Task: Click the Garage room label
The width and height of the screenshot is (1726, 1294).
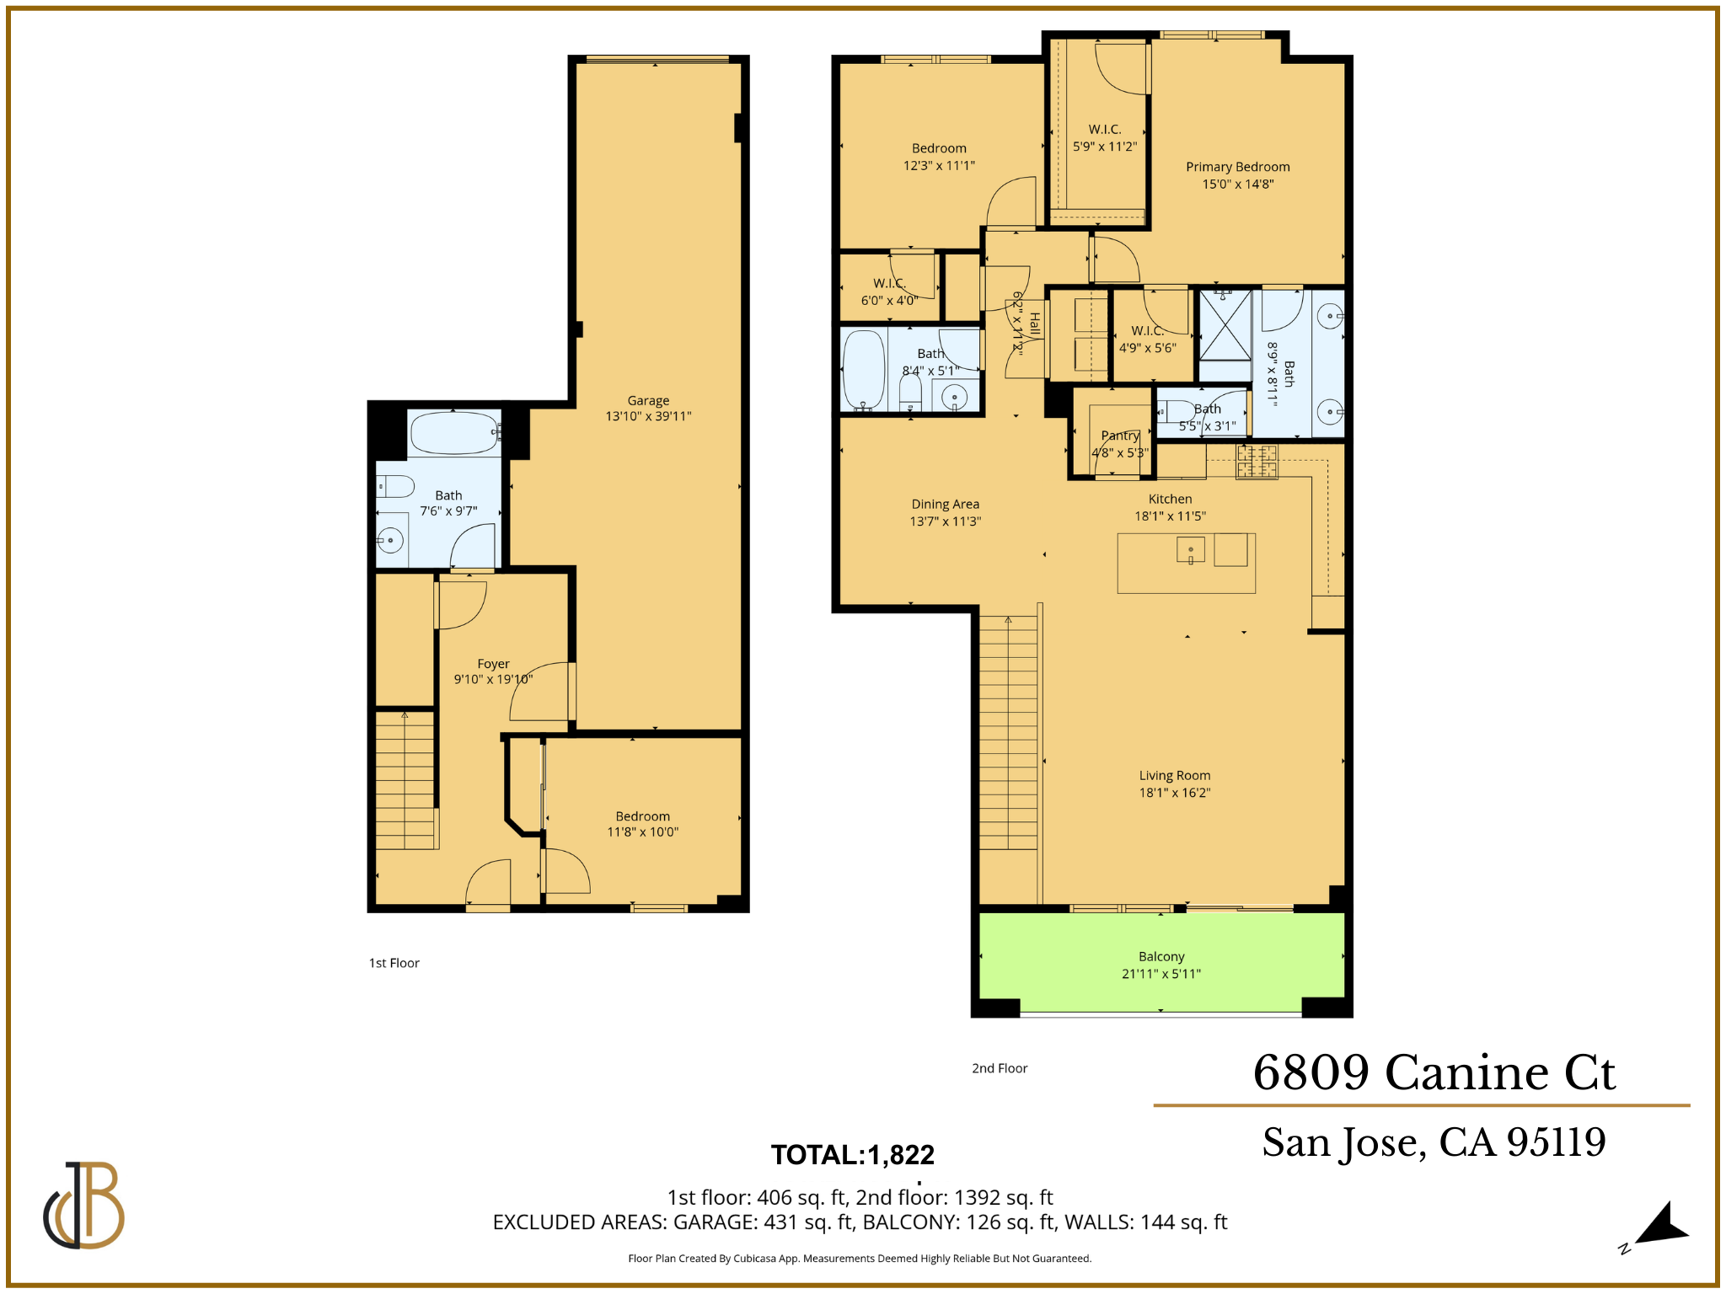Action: (x=648, y=401)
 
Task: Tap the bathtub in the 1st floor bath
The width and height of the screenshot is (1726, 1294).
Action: (x=453, y=433)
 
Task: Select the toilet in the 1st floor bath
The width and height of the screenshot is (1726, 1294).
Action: (x=395, y=486)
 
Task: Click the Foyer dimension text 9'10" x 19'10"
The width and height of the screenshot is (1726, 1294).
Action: (x=493, y=679)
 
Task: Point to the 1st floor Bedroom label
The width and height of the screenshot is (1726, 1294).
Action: (x=642, y=816)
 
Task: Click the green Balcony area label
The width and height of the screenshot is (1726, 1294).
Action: (x=1161, y=957)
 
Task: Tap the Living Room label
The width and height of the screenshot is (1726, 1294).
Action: (x=1174, y=776)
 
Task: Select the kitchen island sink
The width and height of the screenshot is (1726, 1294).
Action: (x=1190, y=551)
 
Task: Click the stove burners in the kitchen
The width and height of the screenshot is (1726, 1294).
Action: (x=1257, y=462)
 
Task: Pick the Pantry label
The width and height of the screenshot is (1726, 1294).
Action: (x=1120, y=436)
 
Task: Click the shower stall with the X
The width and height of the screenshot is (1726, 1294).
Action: (x=1225, y=325)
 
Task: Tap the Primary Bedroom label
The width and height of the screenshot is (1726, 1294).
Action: (x=1237, y=167)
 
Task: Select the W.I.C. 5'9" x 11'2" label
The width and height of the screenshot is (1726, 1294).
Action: (x=1104, y=137)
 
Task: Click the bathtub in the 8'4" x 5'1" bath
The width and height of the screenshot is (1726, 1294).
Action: (x=864, y=371)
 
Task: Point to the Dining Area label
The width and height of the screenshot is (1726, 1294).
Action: (x=945, y=505)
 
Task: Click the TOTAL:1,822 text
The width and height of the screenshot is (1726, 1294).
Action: (x=852, y=1154)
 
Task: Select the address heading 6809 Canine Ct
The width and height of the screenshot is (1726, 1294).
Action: (x=1434, y=1072)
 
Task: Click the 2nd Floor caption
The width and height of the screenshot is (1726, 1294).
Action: (x=1000, y=1068)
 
